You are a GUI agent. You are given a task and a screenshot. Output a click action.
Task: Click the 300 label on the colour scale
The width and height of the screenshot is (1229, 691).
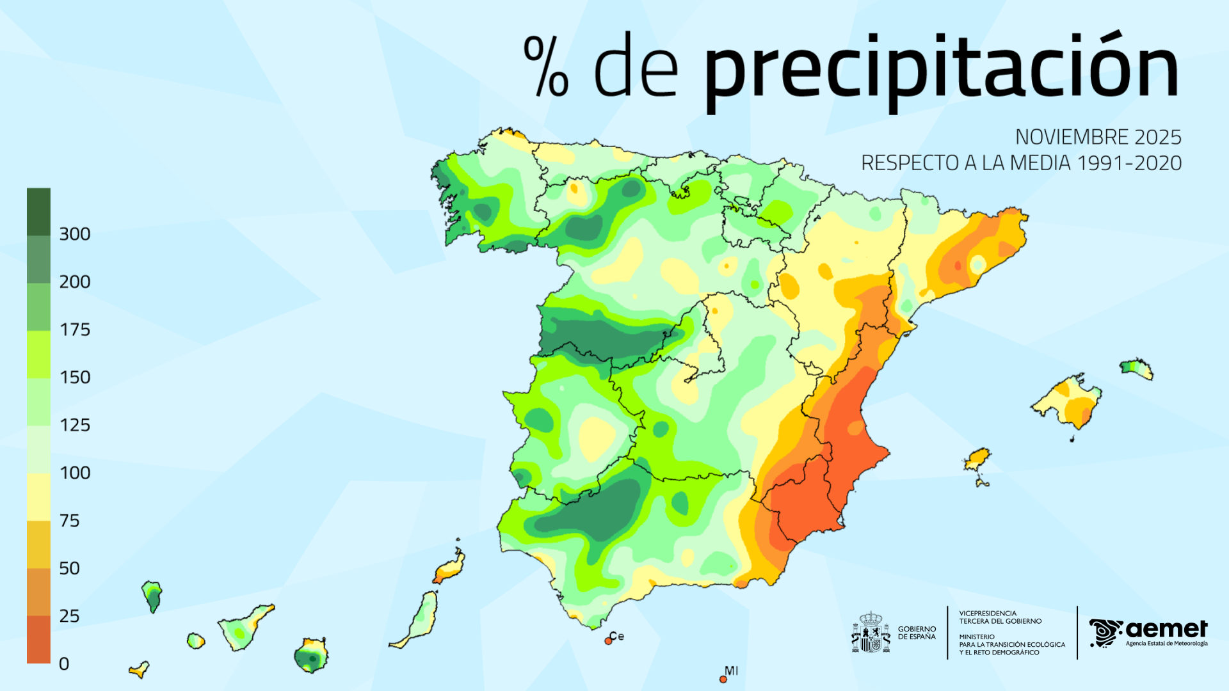click(x=74, y=234)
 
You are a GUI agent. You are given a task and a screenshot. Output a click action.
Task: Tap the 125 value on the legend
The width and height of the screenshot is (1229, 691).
click(x=74, y=425)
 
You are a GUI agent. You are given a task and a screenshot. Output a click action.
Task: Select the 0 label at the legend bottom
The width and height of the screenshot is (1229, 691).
click(x=64, y=664)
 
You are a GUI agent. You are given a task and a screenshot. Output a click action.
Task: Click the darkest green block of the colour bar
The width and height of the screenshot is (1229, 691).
click(x=38, y=212)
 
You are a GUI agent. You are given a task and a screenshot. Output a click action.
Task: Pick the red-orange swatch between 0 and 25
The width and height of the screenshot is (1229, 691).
click(x=38, y=639)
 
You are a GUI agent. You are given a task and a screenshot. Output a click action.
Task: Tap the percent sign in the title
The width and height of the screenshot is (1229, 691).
click(x=545, y=67)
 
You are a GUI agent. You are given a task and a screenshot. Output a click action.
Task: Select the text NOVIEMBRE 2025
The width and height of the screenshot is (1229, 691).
click(x=1098, y=137)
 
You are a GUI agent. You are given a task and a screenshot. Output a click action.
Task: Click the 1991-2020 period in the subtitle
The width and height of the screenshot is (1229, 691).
click(x=1129, y=163)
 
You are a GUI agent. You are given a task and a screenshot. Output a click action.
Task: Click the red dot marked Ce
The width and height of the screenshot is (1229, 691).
click(x=608, y=640)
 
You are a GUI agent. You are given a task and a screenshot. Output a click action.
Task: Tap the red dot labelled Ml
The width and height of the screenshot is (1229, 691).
click(x=723, y=679)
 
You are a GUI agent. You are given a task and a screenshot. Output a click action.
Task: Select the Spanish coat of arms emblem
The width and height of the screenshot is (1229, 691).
click(x=871, y=633)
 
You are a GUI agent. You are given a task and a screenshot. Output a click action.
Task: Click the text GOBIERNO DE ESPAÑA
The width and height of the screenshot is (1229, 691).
click(x=917, y=633)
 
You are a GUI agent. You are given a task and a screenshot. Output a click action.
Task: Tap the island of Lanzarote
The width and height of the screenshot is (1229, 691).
click(x=451, y=567)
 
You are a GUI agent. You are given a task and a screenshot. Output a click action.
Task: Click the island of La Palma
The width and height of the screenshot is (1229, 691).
click(x=152, y=595)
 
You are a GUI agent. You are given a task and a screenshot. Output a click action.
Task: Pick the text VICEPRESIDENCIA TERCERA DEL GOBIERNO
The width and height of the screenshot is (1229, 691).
click(x=1000, y=617)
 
